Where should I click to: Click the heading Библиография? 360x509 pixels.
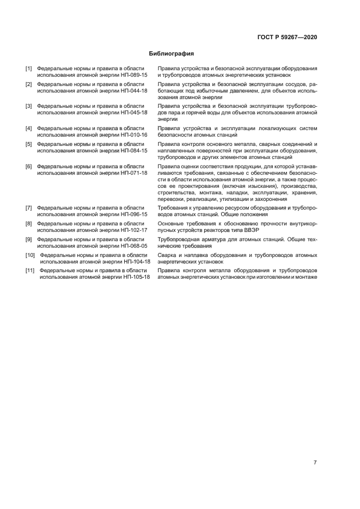tap(172, 54)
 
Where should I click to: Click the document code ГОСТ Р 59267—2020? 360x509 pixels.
tap(287, 37)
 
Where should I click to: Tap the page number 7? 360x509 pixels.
tap(315, 462)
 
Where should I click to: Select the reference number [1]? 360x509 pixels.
tap(28, 69)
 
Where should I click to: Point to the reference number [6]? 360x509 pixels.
tap(28, 166)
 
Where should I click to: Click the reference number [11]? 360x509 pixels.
tap(30, 270)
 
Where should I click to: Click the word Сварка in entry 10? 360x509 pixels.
tap(167, 255)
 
